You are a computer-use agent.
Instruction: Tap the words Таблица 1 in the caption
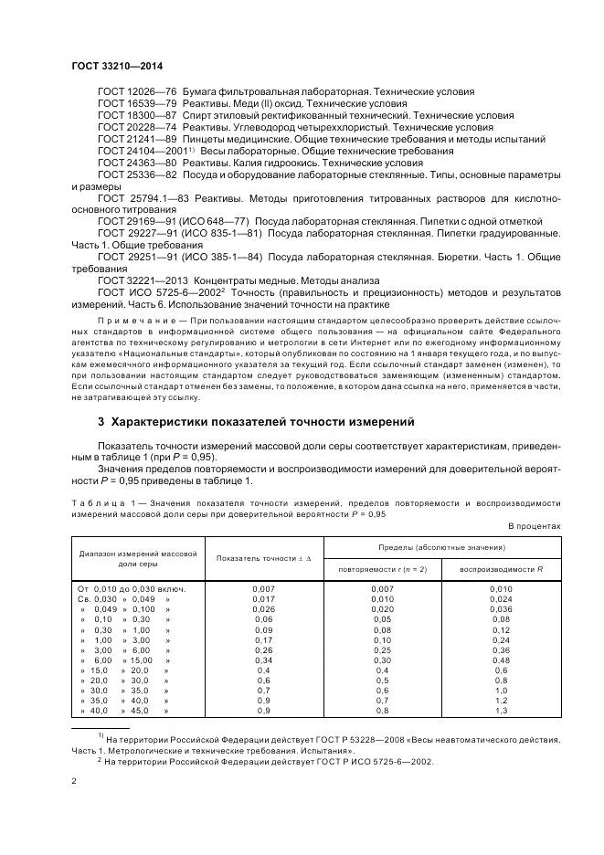[x=100, y=502]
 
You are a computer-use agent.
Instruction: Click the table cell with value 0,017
[x=264, y=599]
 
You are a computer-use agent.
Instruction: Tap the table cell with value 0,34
[x=264, y=660]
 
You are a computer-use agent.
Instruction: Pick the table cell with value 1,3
[x=502, y=710]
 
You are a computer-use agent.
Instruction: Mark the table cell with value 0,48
[x=502, y=660]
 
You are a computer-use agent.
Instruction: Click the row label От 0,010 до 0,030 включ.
[x=133, y=589]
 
